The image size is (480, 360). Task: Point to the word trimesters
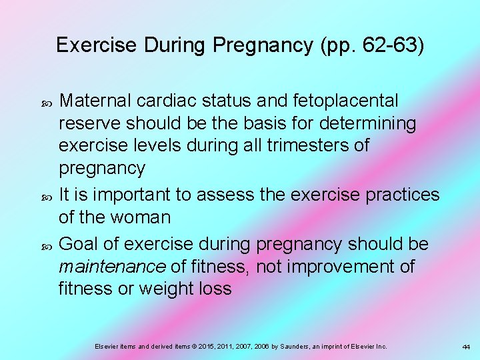point(307,145)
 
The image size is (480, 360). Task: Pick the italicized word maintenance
point(112,267)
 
